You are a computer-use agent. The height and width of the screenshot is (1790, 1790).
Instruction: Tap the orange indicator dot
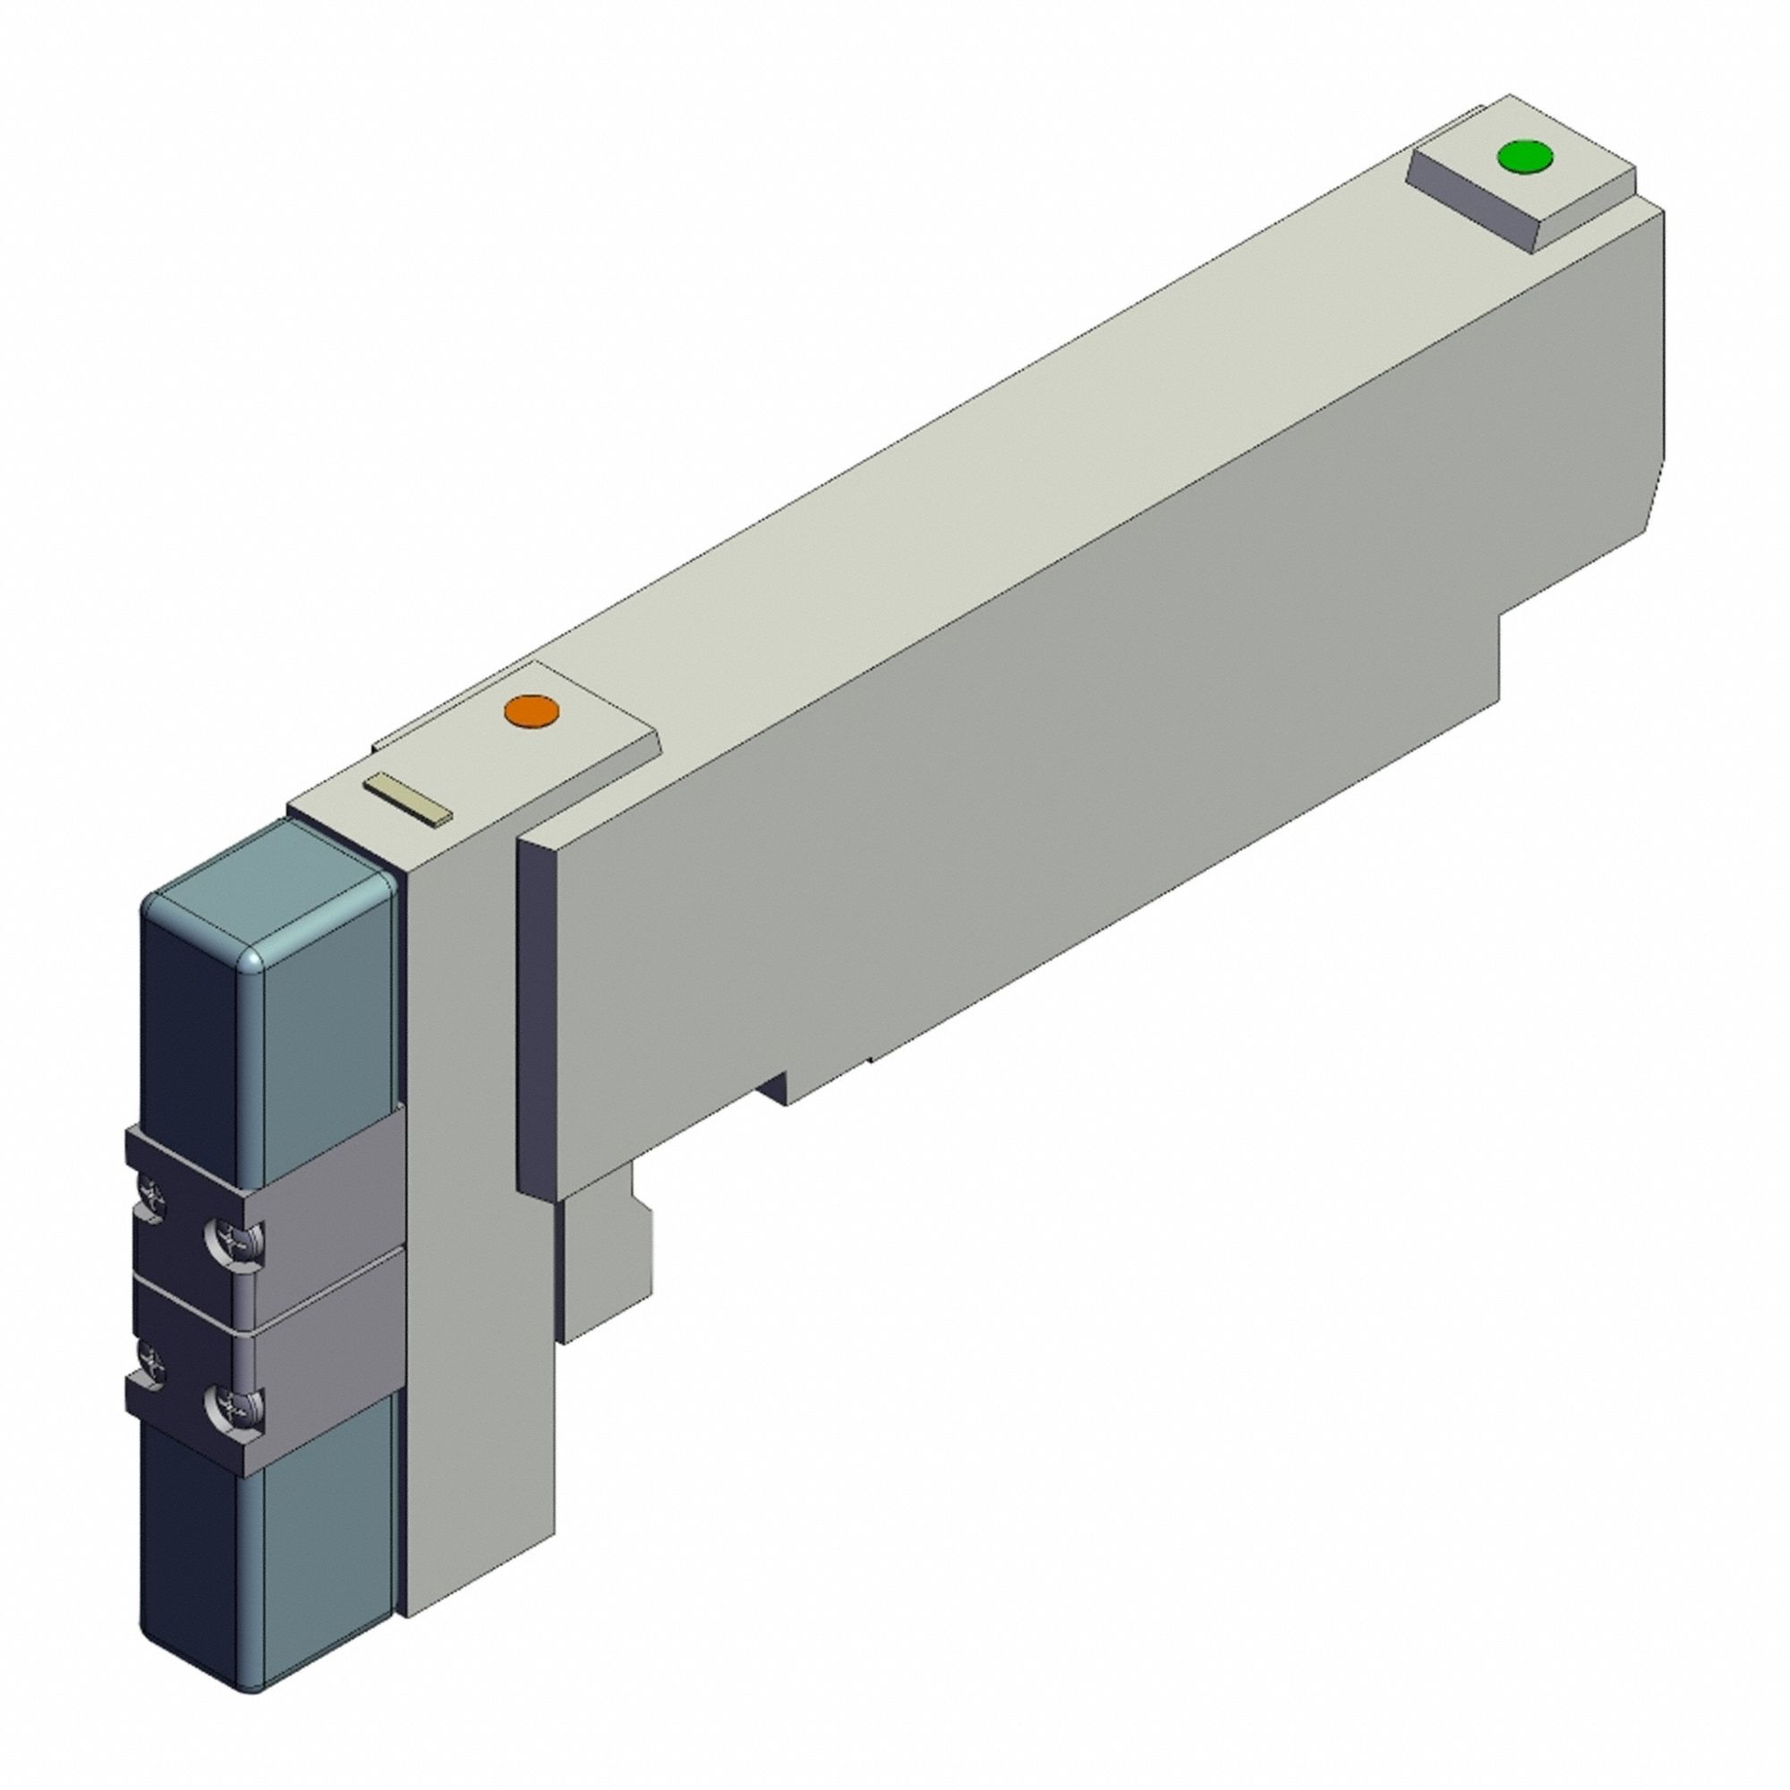click(531, 712)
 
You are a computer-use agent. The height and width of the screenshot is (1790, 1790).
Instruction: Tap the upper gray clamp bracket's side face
click(324, 1195)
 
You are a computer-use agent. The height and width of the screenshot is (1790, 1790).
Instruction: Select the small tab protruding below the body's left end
click(607, 1269)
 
